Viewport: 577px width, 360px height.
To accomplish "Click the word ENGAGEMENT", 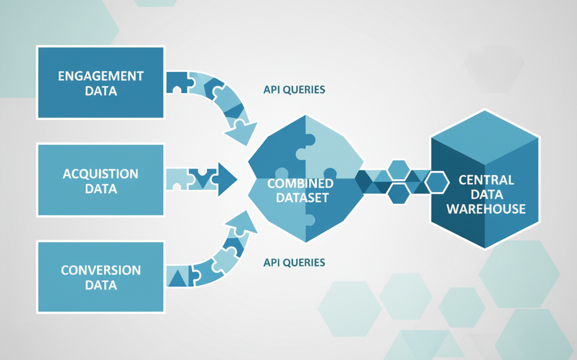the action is coord(101,75).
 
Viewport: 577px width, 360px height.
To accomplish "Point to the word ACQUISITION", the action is coord(101,174).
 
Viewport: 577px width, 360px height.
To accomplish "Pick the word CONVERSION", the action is coord(101,270).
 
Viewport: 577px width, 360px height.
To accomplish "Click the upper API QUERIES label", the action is coord(294,90).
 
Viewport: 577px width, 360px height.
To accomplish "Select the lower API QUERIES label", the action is coord(294,263).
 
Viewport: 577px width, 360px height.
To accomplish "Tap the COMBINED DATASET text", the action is coord(300,190).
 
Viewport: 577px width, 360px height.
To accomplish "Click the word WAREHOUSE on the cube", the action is coord(486,209).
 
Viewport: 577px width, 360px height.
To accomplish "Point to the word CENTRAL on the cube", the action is coord(486,181).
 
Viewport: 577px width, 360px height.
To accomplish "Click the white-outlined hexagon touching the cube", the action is coord(437,183).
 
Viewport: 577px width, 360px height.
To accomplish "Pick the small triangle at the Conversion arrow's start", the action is coord(178,277).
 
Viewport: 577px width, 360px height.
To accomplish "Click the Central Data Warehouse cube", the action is coord(485,180).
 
